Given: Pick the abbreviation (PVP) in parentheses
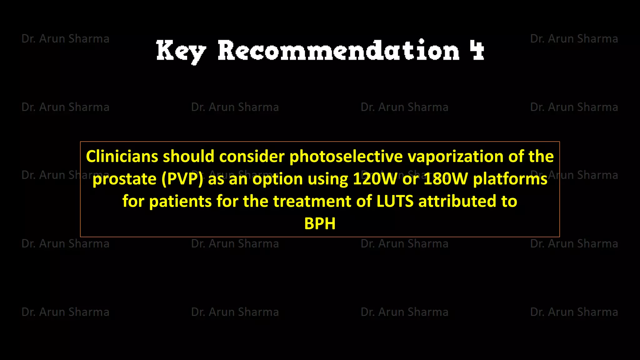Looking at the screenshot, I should click(182, 179).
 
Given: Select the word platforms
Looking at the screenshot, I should click(510, 179).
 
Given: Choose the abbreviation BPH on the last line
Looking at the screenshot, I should click(320, 224).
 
